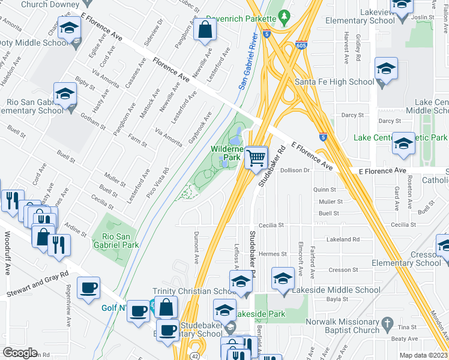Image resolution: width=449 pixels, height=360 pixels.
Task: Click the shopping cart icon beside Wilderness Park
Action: (256, 158)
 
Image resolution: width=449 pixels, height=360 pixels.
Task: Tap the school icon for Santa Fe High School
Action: (386, 68)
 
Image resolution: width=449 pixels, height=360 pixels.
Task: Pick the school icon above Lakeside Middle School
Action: (283, 278)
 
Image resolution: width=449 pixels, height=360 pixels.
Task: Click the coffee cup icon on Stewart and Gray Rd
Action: (89, 288)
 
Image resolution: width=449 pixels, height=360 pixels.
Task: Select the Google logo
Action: (20, 353)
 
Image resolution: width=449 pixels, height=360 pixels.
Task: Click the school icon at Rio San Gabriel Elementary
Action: (65, 94)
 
